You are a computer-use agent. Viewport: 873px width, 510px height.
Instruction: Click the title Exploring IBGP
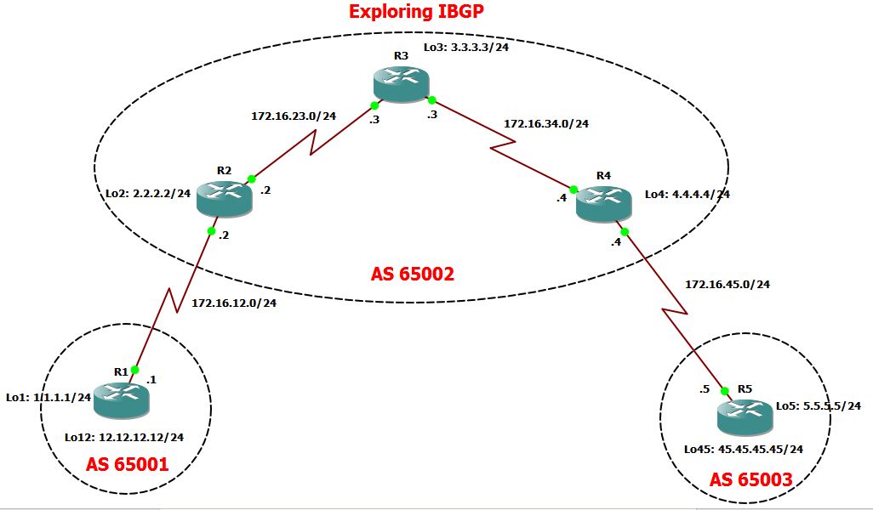pos(411,12)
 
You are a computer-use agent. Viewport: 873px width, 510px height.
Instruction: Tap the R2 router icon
pos(224,198)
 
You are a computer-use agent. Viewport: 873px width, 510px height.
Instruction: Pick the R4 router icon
pos(603,204)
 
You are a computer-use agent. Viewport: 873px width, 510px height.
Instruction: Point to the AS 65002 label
pos(413,274)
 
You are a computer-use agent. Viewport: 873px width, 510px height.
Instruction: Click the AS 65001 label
pos(127,465)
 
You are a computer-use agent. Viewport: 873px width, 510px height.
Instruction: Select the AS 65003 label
pos(750,480)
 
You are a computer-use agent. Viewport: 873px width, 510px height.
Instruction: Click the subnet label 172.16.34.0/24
pos(546,123)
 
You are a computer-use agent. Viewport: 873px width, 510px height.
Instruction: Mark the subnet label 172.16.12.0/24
pos(234,302)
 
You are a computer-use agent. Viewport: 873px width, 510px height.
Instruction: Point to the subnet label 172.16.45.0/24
pos(727,284)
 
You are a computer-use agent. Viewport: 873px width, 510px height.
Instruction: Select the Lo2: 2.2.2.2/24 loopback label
pos(147,194)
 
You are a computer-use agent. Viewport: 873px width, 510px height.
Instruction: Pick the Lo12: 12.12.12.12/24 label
pos(124,437)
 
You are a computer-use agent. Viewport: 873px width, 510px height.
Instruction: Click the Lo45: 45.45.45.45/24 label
pos(744,449)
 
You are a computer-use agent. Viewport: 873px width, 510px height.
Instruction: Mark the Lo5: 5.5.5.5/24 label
pos(818,406)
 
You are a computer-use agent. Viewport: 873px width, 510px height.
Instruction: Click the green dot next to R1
pos(134,370)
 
